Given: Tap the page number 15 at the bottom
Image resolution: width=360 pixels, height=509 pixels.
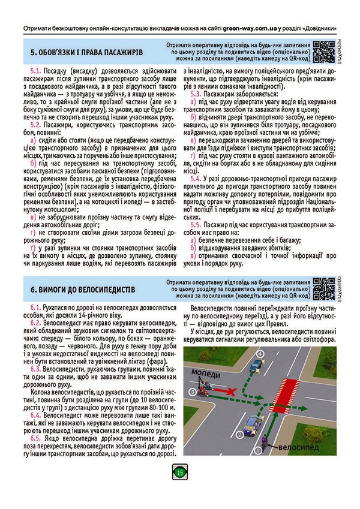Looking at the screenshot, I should tap(180, 473).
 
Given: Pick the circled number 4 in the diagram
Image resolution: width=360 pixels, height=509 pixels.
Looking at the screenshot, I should tap(259, 354).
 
